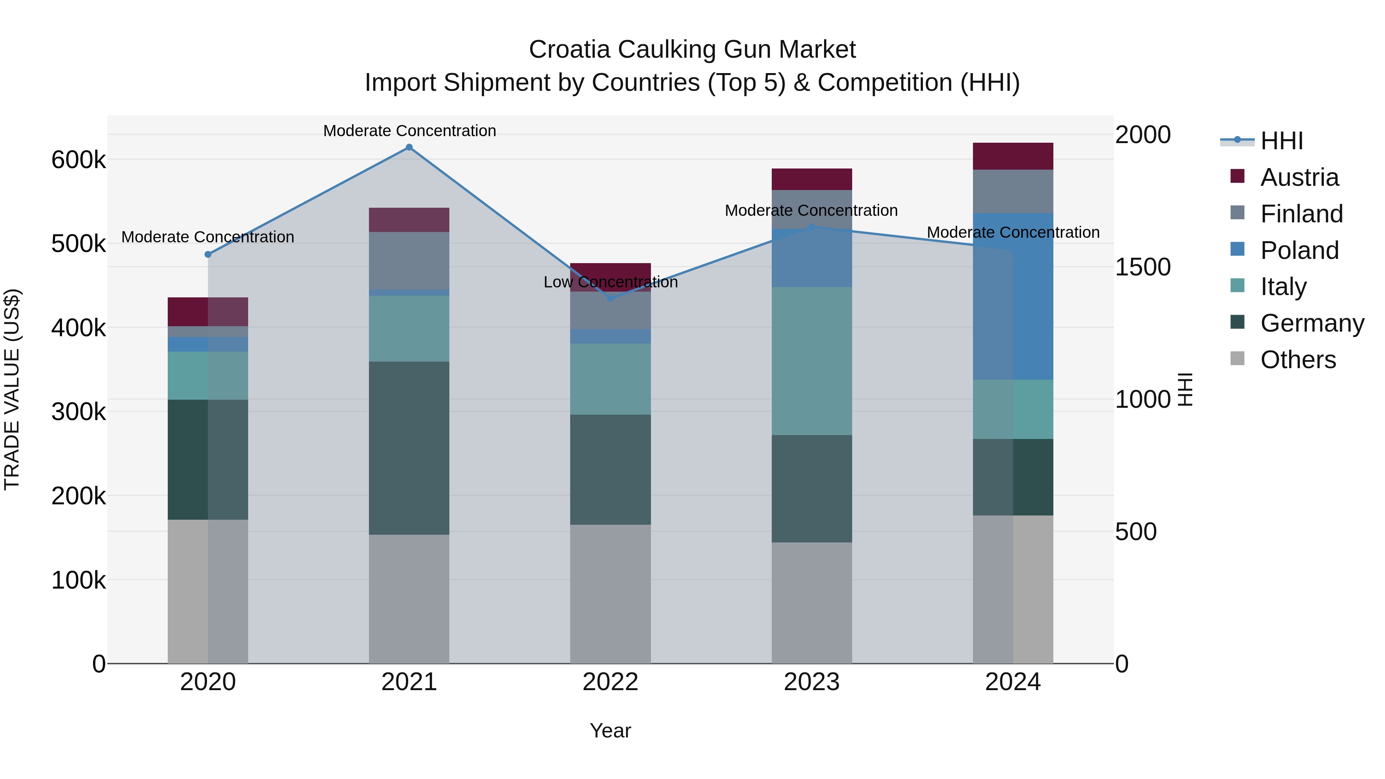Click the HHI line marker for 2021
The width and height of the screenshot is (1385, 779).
(x=409, y=147)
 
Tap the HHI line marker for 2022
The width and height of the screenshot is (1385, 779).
(x=610, y=299)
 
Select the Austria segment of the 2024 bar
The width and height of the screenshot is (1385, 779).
(x=1013, y=157)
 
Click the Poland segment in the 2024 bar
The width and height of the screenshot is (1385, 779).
(x=1013, y=296)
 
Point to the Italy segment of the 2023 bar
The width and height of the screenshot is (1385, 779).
(x=812, y=361)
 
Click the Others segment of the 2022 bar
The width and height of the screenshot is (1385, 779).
(x=610, y=594)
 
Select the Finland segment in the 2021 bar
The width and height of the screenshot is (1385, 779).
(x=409, y=261)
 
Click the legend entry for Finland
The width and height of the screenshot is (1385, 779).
(x=1301, y=214)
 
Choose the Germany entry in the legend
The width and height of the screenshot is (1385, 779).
(x=1312, y=323)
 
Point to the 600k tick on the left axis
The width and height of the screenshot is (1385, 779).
(x=78, y=160)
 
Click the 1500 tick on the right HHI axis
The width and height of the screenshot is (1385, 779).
(x=1143, y=267)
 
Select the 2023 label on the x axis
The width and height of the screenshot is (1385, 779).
(x=812, y=682)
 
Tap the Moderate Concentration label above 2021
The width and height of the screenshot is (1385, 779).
(x=409, y=131)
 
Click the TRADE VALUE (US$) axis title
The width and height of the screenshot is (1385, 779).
(x=12, y=389)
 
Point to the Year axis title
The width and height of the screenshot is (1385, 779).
(x=610, y=731)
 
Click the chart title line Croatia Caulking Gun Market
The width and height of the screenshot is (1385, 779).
(x=692, y=50)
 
